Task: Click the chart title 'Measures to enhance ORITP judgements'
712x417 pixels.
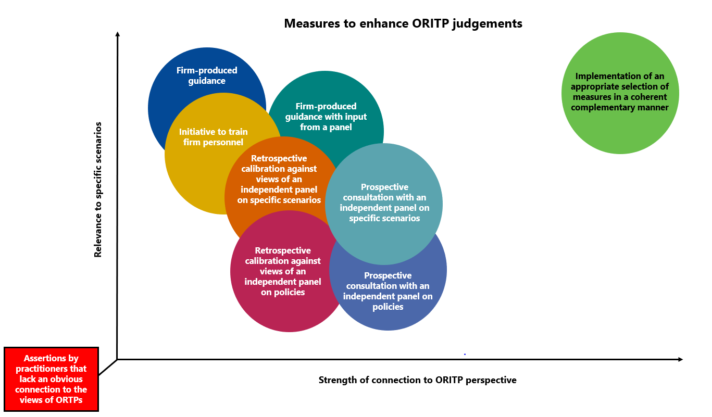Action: click(x=403, y=23)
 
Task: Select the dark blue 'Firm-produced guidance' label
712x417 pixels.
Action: click(x=206, y=75)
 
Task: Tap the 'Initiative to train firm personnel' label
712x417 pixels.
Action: click(x=213, y=137)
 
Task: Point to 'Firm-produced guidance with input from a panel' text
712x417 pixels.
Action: click(x=326, y=117)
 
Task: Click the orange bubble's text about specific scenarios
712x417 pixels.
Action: click(x=279, y=179)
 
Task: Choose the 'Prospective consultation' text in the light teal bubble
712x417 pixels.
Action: click(x=384, y=203)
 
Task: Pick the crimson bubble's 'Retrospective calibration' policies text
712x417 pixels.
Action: click(x=283, y=271)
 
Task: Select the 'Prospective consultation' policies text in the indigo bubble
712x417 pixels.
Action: click(x=388, y=291)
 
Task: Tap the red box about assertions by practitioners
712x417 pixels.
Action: click(x=51, y=379)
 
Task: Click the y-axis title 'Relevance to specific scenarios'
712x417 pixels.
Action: click(x=97, y=189)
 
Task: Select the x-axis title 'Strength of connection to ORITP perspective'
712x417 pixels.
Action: click(x=417, y=380)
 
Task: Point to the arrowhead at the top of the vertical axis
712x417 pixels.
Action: click(x=118, y=35)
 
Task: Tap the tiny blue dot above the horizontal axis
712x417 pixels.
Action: click(x=465, y=354)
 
